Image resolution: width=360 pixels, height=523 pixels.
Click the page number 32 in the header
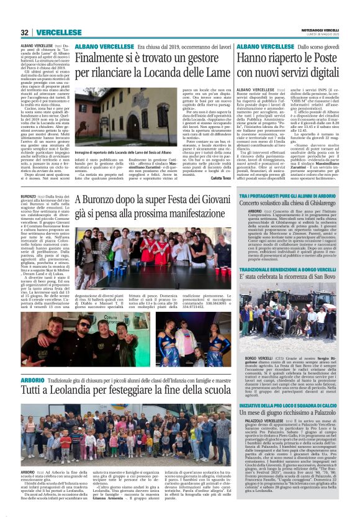click(25, 32)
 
